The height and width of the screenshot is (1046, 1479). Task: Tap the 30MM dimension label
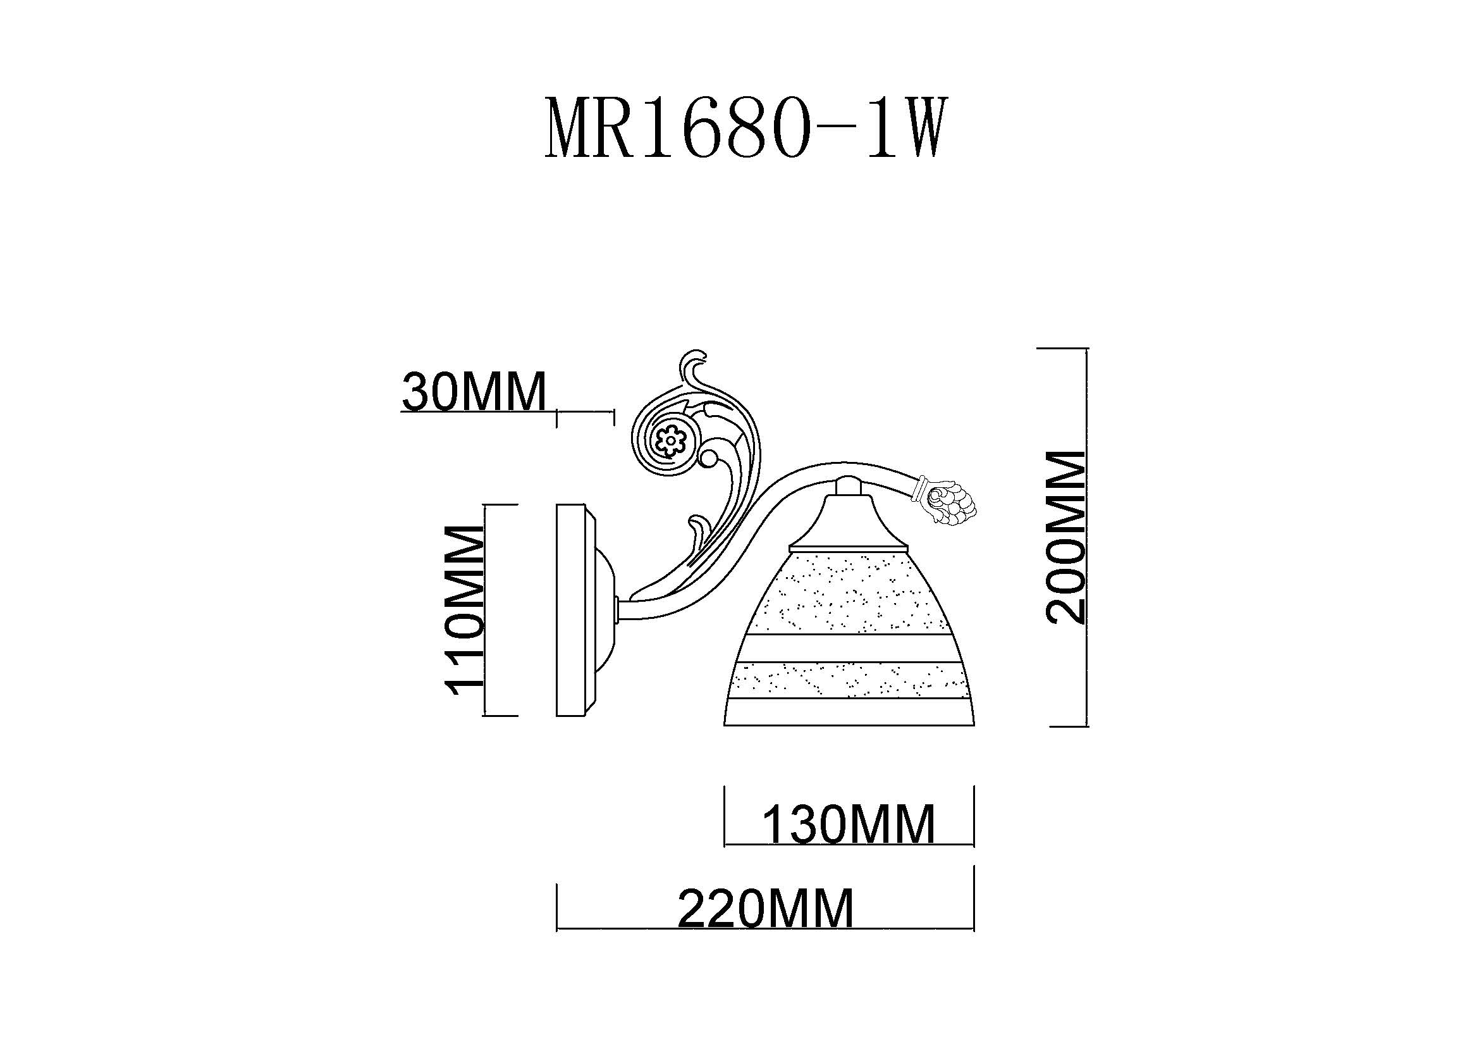pos(474,391)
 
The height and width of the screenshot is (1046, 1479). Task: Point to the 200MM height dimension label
pos(1065,537)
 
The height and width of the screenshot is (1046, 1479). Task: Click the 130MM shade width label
pos(849,825)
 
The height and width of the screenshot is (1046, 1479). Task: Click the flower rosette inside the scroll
pos(670,442)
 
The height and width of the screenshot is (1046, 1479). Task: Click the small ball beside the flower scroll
pos(709,459)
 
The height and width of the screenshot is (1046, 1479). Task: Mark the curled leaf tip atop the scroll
pos(694,368)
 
